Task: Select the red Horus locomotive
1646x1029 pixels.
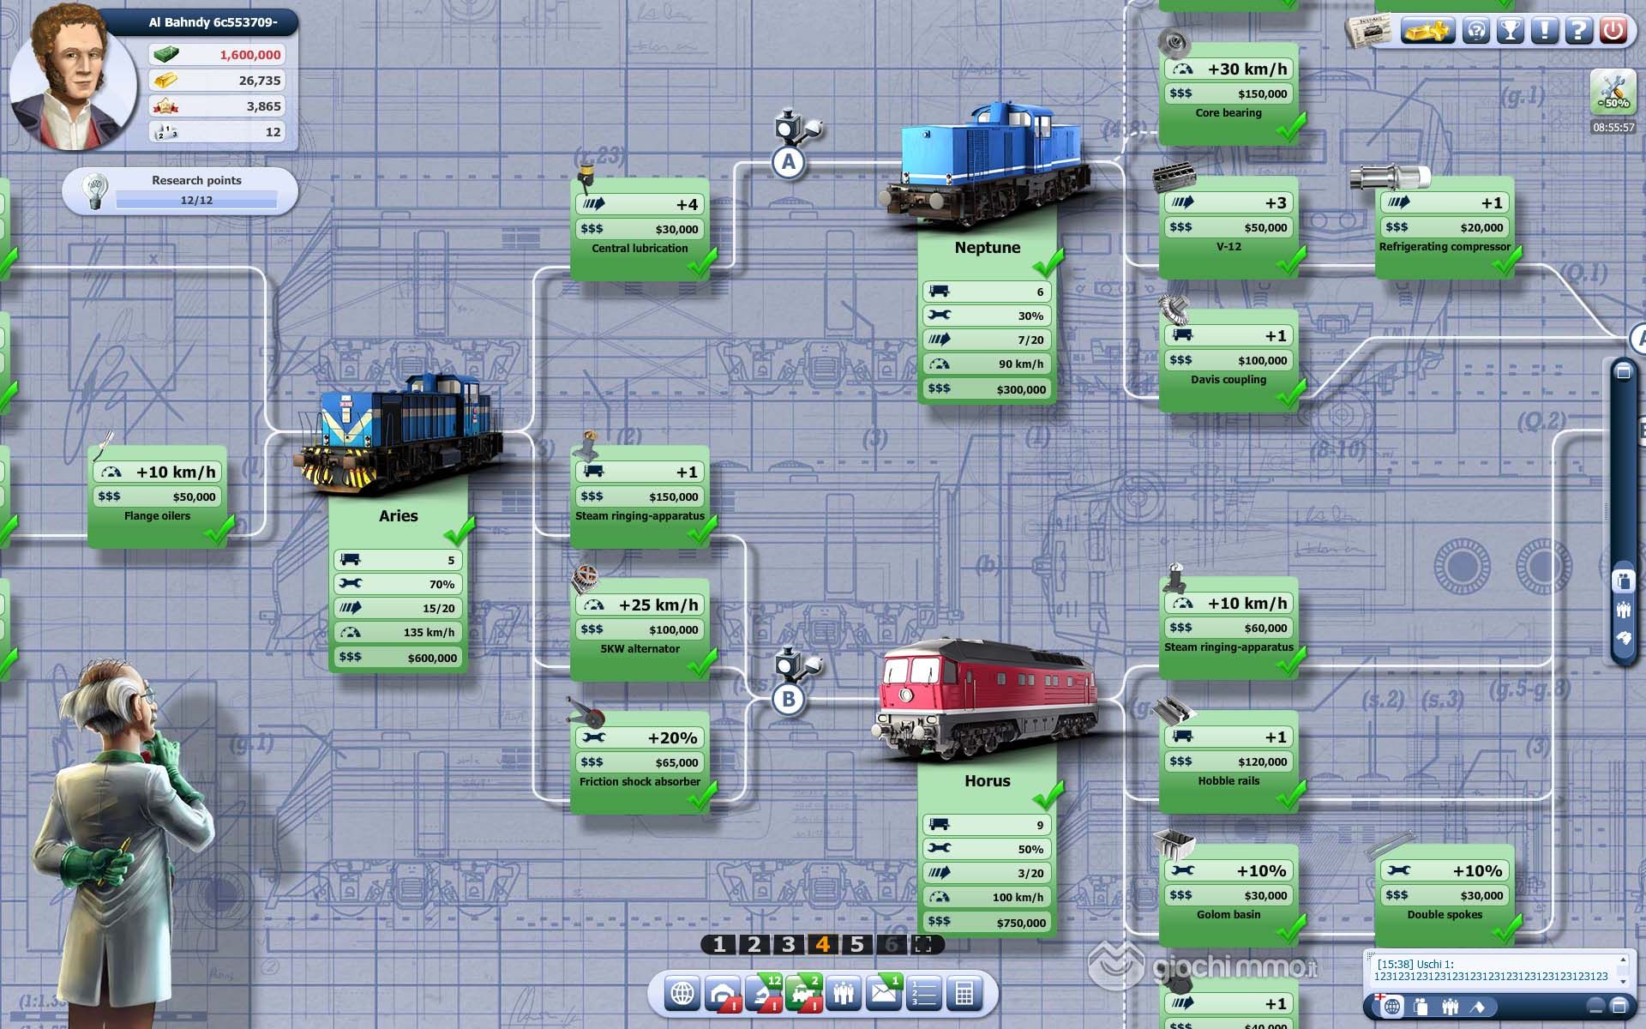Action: click(988, 699)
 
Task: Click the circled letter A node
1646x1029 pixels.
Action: click(789, 162)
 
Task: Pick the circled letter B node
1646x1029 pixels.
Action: click(789, 699)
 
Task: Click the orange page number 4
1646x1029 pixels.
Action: click(823, 944)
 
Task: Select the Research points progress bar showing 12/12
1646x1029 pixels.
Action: click(196, 200)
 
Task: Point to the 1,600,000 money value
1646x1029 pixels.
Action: click(249, 55)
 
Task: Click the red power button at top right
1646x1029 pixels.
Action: click(1613, 30)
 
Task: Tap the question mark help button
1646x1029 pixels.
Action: click(1578, 30)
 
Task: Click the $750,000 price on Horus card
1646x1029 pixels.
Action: click(1021, 923)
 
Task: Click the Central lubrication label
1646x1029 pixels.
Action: click(640, 249)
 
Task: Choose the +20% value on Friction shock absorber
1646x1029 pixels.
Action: click(672, 737)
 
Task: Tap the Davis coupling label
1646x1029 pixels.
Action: click(1228, 380)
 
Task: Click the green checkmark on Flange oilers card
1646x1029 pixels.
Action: click(219, 530)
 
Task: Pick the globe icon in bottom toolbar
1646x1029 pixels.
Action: click(682, 994)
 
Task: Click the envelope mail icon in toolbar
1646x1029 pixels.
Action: click(884, 992)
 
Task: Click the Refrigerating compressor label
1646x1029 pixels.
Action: click(1445, 247)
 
